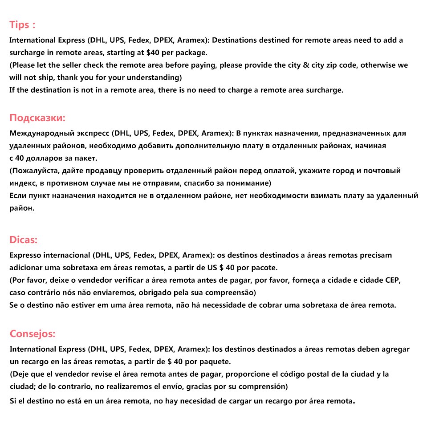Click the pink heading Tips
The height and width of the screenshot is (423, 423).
click(x=20, y=24)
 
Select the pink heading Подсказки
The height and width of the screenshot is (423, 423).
click(x=37, y=118)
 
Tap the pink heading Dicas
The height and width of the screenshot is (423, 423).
click(x=23, y=240)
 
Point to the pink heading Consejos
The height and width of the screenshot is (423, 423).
click(x=33, y=334)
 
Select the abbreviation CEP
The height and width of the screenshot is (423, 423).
click(x=393, y=280)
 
